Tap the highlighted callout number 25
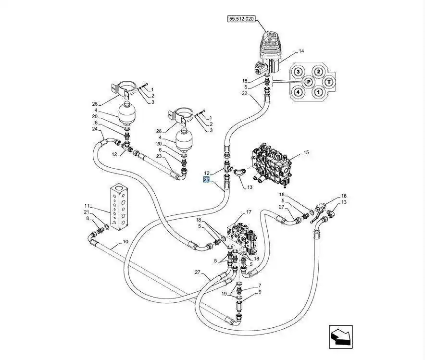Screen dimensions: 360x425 206,180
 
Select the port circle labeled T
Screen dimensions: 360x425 329,82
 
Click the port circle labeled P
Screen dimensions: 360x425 309,82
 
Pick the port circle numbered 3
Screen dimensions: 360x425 298,72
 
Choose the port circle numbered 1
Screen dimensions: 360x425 318,92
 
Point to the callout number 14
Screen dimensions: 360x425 301,51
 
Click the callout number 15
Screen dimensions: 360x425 306,153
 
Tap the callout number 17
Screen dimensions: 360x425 249,212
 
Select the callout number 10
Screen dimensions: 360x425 125,242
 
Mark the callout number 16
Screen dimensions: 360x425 344,196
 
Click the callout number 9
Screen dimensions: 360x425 260,292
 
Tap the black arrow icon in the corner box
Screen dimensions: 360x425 340,336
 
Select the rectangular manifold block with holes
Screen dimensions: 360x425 121,205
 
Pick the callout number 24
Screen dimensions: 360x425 95,129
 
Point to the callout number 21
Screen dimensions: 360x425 87,212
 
